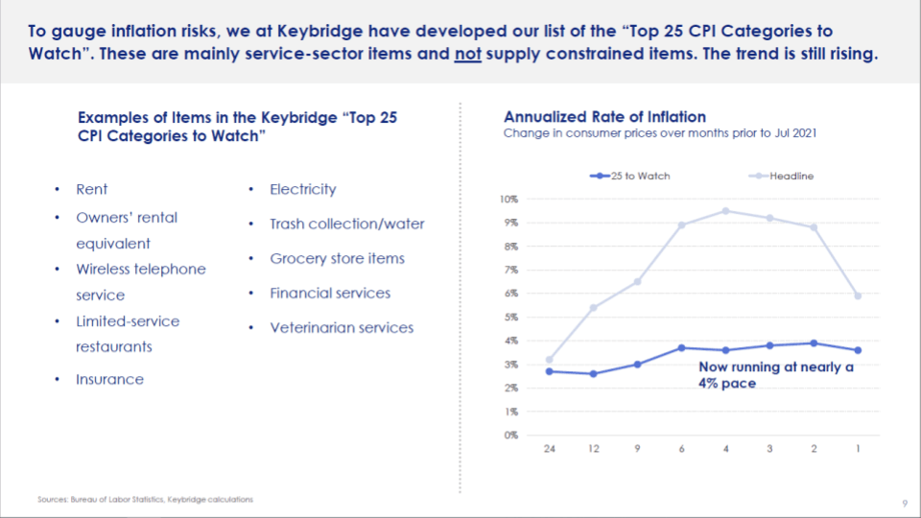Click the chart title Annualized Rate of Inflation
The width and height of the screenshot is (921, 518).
[x=604, y=117]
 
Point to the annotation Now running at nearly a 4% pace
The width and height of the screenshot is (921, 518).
[x=775, y=375]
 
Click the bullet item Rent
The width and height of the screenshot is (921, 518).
[x=92, y=190]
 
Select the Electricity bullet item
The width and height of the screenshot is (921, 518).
[x=303, y=190]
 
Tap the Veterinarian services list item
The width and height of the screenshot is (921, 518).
[x=342, y=328]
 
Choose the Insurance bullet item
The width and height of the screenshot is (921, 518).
[x=110, y=380]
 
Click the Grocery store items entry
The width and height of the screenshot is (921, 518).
[x=337, y=259]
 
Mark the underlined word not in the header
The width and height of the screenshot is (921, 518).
[x=467, y=54]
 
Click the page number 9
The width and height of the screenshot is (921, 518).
[x=905, y=504]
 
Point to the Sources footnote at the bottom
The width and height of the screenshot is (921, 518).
[x=146, y=500]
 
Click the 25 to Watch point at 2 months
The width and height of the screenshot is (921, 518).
[x=815, y=342]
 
